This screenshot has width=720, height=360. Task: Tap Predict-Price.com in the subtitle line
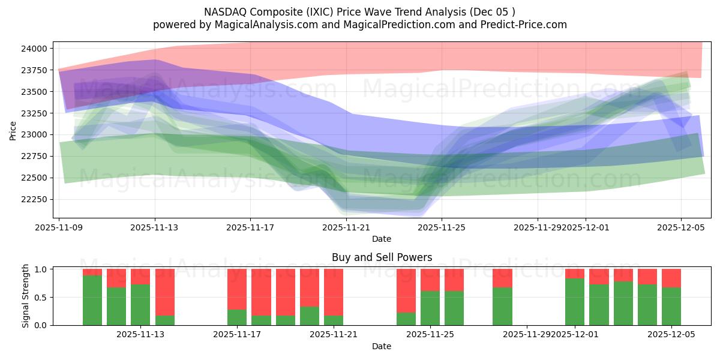[x=525, y=25]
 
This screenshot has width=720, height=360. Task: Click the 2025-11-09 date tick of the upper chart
[x=59, y=227]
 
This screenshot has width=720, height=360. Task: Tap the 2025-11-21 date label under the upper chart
[x=346, y=227]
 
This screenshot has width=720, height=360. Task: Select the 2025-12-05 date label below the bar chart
[x=671, y=334]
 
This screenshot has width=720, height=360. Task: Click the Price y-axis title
[x=13, y=130]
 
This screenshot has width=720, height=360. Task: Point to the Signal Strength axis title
[x=25, y=296]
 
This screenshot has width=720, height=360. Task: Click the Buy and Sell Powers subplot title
[x=382, y=257]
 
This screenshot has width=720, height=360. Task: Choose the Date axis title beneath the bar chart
[x=382, y=346]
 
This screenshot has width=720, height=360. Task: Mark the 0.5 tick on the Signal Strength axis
[x=41, y=297]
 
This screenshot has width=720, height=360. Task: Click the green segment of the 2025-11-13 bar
[x=140, y=305]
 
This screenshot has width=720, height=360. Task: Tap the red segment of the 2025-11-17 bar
[x=237, y=289]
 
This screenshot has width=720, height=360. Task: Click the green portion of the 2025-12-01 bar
[x=575, y=302]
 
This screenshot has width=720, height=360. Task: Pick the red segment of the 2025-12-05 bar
[x=671, y=278]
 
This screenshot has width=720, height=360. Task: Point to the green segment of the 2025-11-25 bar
[x=430, y=308]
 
